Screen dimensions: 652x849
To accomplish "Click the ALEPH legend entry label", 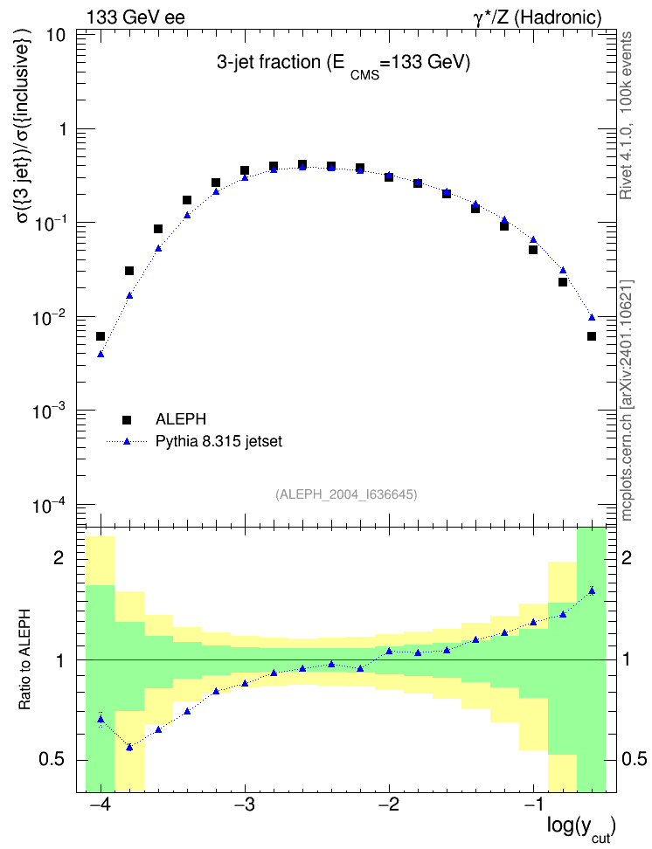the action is [180, 419].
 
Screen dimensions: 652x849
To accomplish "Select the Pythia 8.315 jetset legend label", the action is [219, 441].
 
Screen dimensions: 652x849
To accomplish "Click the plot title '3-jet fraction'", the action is [269, 63].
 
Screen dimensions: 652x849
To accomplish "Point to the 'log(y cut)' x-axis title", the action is [581, 827].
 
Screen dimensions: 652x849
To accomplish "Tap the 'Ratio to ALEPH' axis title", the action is [24, 659].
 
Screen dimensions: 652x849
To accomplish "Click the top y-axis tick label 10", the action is [56, 35].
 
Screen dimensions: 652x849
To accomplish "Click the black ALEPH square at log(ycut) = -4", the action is [101, 336].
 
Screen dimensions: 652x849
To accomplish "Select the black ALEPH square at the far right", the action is [592, 336].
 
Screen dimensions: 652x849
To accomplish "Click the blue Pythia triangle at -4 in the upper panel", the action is [101, 354].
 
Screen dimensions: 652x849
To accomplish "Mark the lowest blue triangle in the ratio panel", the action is [129, 747].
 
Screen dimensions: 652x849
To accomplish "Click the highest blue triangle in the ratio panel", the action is [592, 590].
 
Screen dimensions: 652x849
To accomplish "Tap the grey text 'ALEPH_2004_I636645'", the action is [346, 494].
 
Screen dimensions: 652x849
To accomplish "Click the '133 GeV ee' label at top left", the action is [135, 17].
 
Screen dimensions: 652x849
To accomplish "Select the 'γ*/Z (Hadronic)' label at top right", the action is [538, 17].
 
